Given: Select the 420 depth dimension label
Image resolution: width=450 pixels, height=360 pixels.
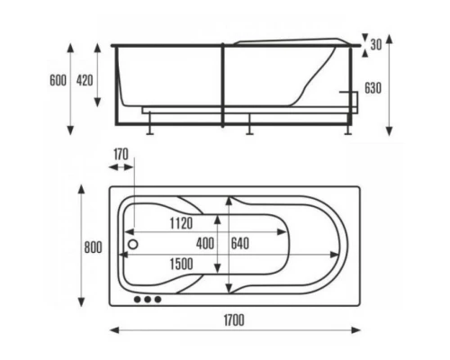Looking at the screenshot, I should [85, 80].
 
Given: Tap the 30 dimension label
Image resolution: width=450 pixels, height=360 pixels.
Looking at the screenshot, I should [375, 44].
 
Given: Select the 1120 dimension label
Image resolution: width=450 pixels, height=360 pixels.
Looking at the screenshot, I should [181, 223].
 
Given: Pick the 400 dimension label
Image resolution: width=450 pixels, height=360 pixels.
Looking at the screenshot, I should [205, 243].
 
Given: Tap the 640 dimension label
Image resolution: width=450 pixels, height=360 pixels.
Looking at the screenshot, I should [240, 243].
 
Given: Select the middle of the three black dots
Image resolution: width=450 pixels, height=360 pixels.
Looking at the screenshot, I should [147, 299].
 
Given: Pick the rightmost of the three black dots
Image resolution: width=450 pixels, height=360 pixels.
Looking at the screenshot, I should [157, 299].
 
